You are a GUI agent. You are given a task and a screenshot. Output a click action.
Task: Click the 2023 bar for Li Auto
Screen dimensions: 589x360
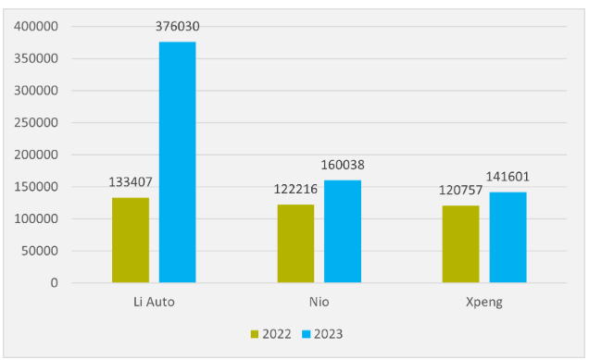pos(177,162)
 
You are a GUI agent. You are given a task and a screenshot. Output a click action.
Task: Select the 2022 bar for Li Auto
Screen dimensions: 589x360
pos(131,241)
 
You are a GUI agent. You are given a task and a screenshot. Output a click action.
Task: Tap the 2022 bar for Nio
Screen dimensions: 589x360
pos(295,243)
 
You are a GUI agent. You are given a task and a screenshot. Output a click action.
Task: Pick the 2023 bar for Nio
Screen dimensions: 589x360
pos(343,231)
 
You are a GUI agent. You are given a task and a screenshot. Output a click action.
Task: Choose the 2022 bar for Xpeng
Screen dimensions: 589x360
pos(461,244)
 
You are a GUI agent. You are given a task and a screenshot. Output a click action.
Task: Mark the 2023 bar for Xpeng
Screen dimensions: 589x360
pos(508,237)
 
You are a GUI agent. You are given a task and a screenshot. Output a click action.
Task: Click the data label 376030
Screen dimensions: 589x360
pos(177,26)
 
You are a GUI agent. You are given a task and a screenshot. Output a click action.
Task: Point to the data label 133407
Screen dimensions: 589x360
pos(131,182)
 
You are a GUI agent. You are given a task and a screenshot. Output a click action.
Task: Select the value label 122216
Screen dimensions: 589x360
pos(295,189)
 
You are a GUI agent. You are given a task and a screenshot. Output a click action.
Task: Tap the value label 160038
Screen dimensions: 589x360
pos(343,165)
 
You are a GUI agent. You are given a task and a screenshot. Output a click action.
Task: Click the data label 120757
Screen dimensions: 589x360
pos(461,190)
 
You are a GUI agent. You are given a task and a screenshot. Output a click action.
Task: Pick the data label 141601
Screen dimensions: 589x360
pos(508,177)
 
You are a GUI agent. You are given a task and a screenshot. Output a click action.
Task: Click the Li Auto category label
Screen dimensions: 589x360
pos(154,302)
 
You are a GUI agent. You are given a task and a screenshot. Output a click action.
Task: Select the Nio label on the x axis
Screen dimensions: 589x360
pos(320,302)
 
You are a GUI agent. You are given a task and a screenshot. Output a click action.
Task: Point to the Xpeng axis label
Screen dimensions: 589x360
pos(484,303)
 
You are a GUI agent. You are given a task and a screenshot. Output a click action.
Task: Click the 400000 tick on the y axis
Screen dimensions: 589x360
pos(36,26)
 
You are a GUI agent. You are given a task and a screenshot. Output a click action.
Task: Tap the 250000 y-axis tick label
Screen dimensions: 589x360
pos(36,122)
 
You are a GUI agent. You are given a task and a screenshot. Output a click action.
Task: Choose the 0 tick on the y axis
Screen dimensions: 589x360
pos(55,282)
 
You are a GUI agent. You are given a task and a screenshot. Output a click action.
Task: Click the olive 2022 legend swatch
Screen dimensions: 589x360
pos(255,334)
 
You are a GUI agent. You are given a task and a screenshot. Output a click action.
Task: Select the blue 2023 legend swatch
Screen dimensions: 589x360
pos(307,334)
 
